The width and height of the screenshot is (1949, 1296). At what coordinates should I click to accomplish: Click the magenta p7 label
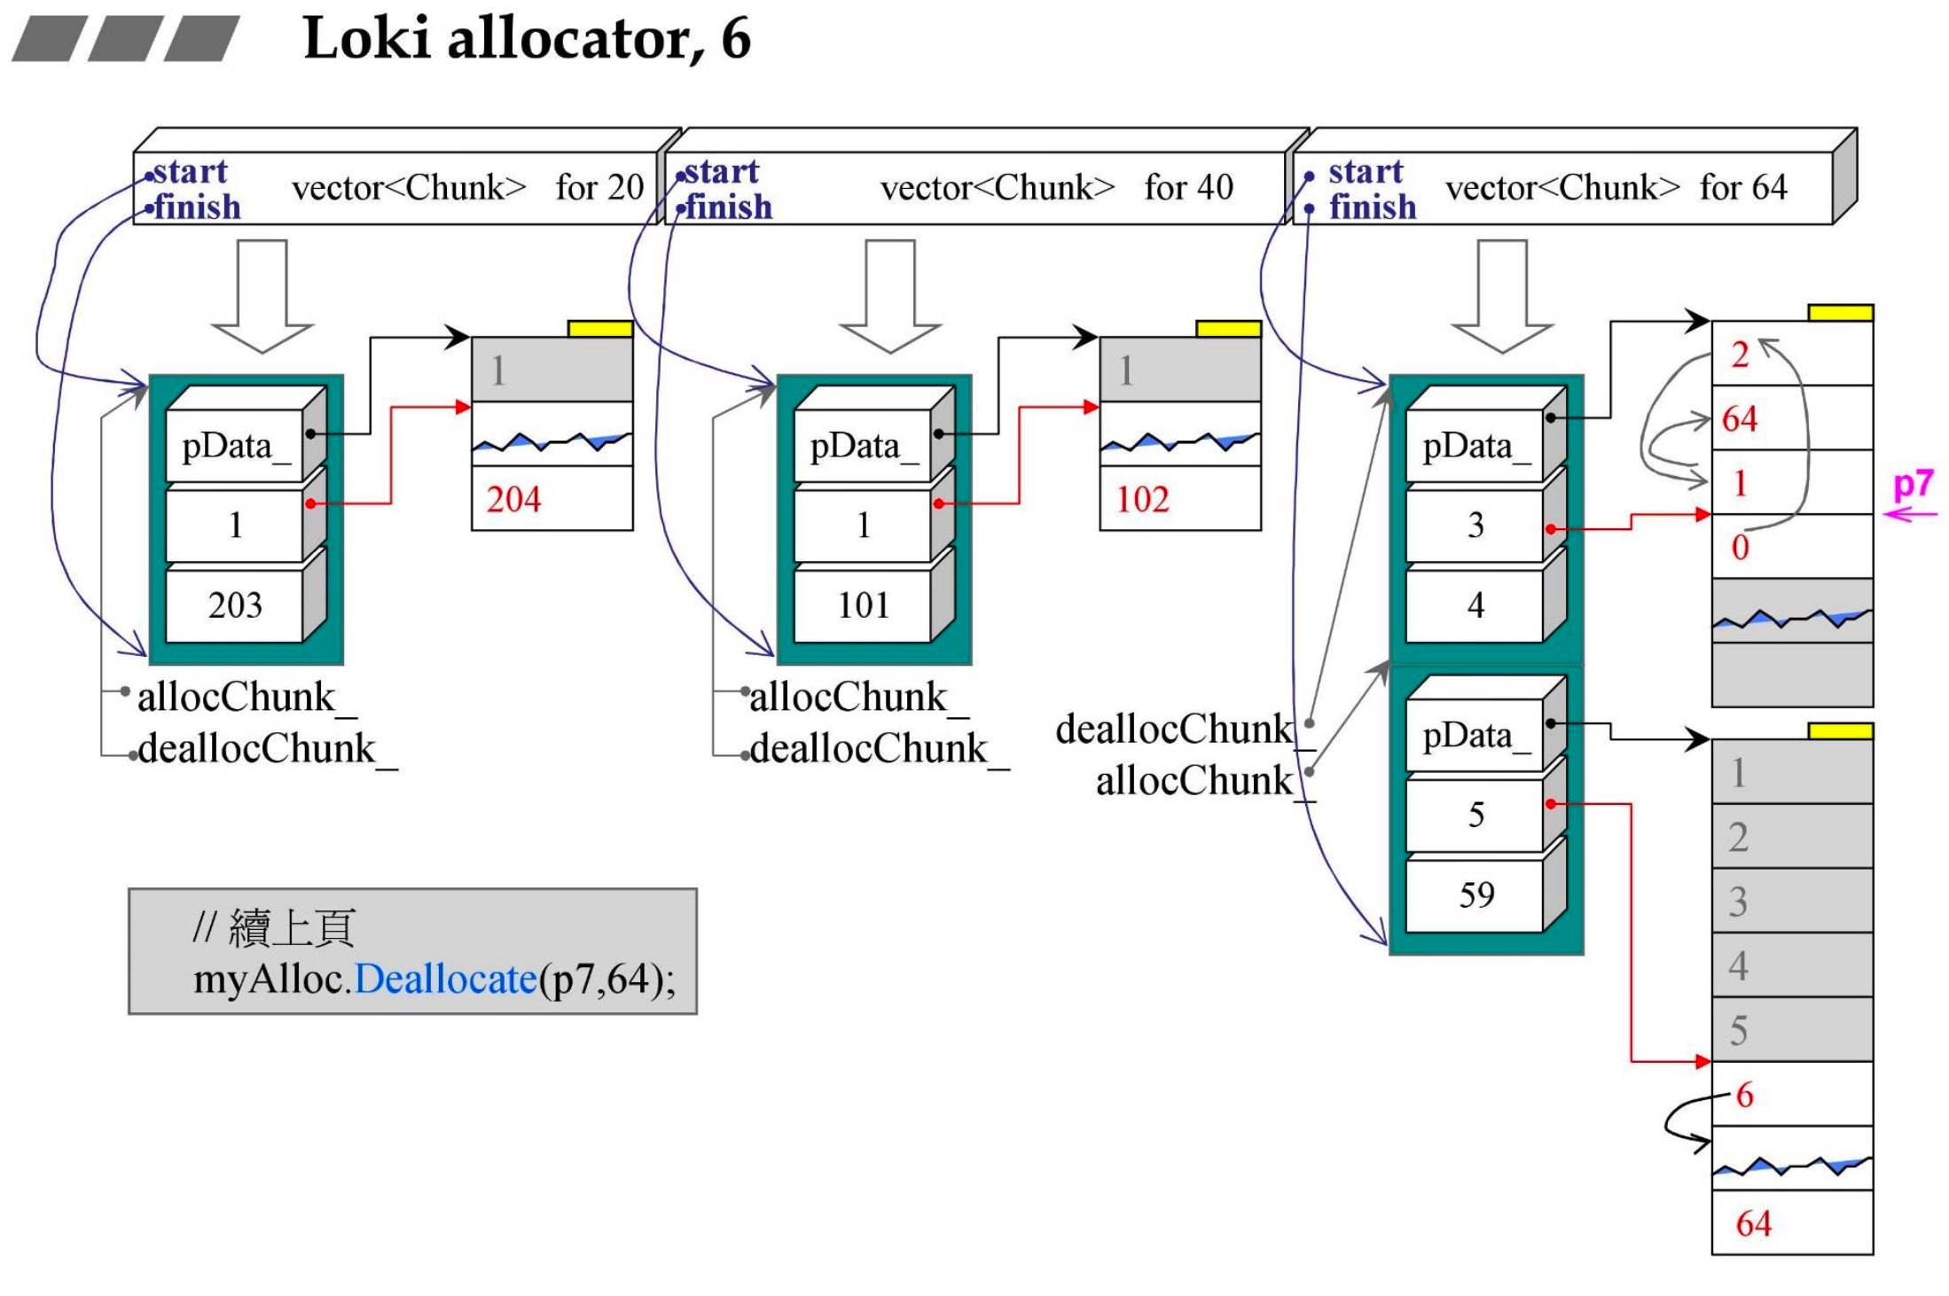(x=1913, y=485)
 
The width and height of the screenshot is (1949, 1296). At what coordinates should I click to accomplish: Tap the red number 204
(x=513, y=499)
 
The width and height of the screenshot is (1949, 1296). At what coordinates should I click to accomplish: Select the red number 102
(x=1142, y=499)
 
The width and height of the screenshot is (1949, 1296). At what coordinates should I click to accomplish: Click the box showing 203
(x=235, y=605)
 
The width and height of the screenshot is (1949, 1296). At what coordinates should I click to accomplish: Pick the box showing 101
(x=863, y=605)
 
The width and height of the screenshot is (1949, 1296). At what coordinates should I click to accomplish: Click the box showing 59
(x=1475, y=894)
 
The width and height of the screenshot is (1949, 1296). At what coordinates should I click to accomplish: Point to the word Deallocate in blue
(x=445, y=980)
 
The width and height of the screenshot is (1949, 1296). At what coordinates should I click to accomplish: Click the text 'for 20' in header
(x=599, y=187)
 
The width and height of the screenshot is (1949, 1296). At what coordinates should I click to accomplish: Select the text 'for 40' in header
(x=1188, y=187)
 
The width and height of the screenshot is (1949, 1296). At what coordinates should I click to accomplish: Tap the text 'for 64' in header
(x=1742, y=187)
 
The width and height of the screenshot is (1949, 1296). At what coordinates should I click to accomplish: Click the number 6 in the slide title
(x=736, y=38)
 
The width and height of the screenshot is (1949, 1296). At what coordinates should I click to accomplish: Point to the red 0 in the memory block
(x=1740, y=547)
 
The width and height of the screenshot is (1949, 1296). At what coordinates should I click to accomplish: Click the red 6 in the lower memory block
(x=1744, y=1095)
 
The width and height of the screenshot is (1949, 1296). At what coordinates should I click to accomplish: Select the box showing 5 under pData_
(x=1475, y=815)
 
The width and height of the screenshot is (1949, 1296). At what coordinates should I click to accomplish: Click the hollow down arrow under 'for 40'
(x=890, y=297)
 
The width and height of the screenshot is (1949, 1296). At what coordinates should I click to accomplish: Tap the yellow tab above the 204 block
(x=600, y=329)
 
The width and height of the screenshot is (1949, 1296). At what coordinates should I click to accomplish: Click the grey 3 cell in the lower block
(x=1738, y=902)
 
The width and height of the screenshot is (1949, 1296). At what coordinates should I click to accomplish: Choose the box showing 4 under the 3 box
(x=1475, y=605)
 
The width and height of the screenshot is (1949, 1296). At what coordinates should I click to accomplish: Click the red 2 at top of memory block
(x=1740, y=355)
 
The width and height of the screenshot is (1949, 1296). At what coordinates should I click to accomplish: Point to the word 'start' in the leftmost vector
(x=190, y=171)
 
